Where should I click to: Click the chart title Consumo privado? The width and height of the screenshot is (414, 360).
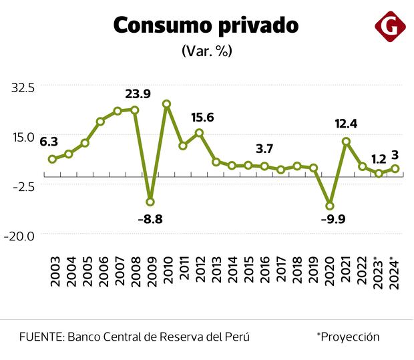click(x=206, y=25)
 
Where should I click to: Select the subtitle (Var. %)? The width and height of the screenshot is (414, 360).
click(x=206, y=51)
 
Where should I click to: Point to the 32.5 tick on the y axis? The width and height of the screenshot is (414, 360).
click(x=22, y=86)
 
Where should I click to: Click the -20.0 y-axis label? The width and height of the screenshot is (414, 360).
click(x=21, y=235)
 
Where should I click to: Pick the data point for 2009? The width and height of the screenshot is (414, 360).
click(x=150, y=202)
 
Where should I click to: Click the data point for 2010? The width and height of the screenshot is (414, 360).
click(x=167, y=104)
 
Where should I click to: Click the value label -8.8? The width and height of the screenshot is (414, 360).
click(x=150, y=219)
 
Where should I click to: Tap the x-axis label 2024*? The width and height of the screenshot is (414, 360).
click(x=395, y=272)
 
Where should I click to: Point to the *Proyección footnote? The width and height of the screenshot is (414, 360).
click(x=348, y=337)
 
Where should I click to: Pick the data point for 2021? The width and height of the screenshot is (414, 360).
click(x=346, y=142)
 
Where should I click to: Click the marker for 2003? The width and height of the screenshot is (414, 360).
click(x=52, y=159)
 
